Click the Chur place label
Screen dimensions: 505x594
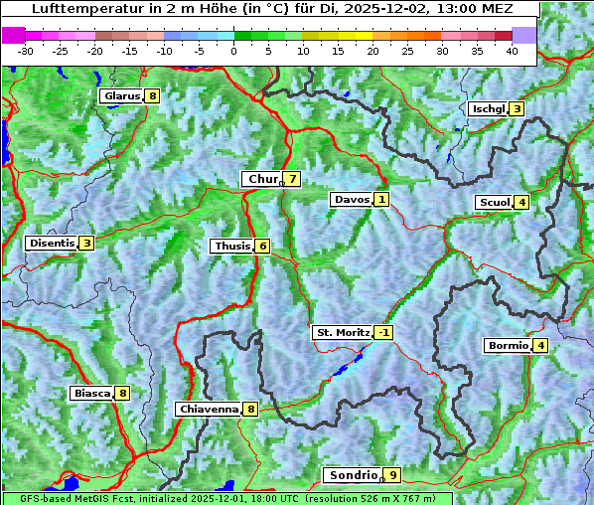point(262,179)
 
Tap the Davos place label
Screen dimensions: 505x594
point(352,199)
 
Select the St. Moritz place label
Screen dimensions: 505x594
point(342,332)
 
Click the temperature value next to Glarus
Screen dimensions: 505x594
point(151,96)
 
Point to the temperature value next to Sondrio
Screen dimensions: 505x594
point(392,475)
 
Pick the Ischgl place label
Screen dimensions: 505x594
point(488,108)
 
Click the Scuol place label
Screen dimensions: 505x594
point(494,202)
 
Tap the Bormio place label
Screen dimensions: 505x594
point(508,346)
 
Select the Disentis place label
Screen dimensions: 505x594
point(52,243)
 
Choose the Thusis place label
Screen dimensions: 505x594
point(231,246)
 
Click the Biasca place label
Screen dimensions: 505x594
point(91,393)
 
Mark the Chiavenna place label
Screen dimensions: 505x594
point(208,409)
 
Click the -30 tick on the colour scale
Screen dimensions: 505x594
point(26,50)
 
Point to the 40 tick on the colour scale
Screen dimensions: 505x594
point(512,50)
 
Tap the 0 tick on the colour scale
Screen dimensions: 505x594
point(233,50)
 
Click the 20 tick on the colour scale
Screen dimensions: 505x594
point(372,50)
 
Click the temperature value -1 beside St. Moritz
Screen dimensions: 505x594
point(383,332)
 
